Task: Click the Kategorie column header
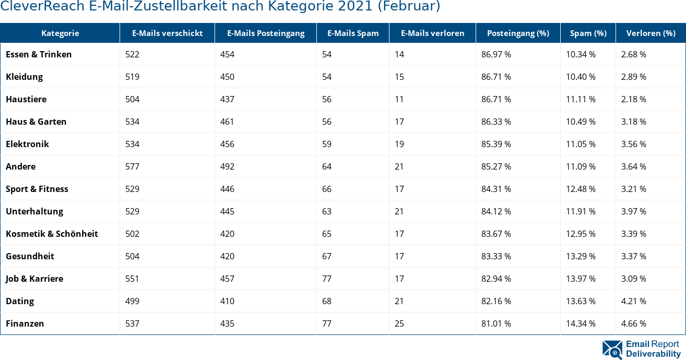pos(60,33)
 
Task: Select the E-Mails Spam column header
pos(353,33)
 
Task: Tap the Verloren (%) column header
pos(650,33)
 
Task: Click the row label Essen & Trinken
pos(39,54)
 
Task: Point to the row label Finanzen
pos(25,323)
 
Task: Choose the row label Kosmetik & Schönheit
pos(52,234)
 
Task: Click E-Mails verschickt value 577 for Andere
pos(132,166)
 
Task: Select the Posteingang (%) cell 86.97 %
pos(496,54)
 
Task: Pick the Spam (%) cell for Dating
pos(581,301)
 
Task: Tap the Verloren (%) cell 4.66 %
pos(633,323)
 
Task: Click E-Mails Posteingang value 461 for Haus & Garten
pos(227,122)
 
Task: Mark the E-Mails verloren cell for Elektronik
pos(399,144)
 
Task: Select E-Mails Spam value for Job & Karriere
pos(327,279)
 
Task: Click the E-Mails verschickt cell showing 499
pos(132,301)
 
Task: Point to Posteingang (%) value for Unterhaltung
pos(496,211)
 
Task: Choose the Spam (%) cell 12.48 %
pos(581,189)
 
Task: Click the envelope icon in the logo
pos(612,350)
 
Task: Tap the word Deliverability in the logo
pos(653,354)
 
